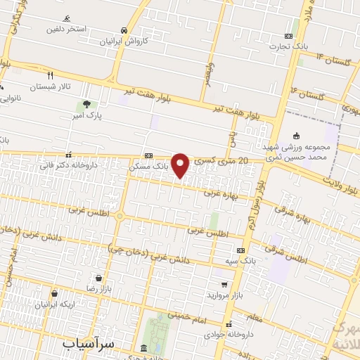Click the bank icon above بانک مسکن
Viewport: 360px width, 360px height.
point(148,155)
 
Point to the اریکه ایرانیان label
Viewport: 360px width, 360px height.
point(54,304)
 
